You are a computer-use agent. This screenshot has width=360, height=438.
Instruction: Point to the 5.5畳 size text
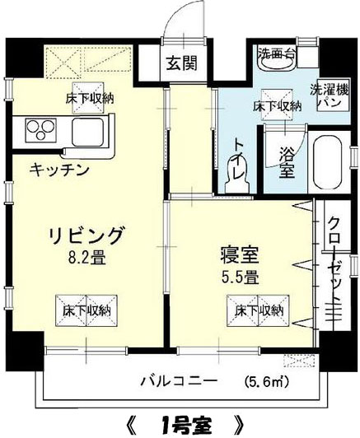240,277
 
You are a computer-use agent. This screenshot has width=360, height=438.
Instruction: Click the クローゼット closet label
334,263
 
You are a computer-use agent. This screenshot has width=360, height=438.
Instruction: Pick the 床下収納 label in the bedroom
258,310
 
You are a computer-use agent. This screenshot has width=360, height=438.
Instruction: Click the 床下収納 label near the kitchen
88,98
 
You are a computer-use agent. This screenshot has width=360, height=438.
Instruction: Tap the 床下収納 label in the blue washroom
275,105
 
